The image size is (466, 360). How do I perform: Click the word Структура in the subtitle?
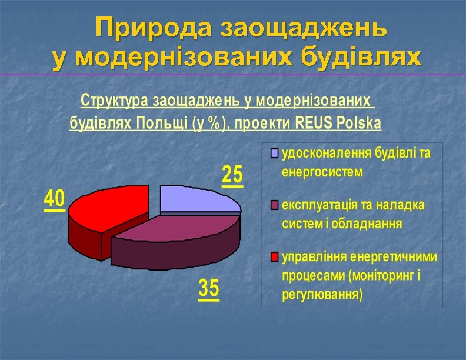pyautogui.click(x=115, y=101)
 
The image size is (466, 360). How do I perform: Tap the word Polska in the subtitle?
pyautogui.click(x=357, y=124)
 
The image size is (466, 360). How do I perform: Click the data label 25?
pyautogui.click(x=232, y=175)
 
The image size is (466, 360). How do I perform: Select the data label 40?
pyautogui.click(x=55, y=199)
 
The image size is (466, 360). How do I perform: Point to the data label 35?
pyautogui.click(x=209, y=289)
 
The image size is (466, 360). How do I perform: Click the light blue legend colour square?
pyautogui.click(x=274, y=155)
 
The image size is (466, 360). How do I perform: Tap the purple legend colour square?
pyautogui.click(x=274, y=206)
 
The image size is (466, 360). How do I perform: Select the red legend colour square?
pyautogui.click(x=274, y=257)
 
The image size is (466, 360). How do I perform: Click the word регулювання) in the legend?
pyautogui.click(x=322, y=293)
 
